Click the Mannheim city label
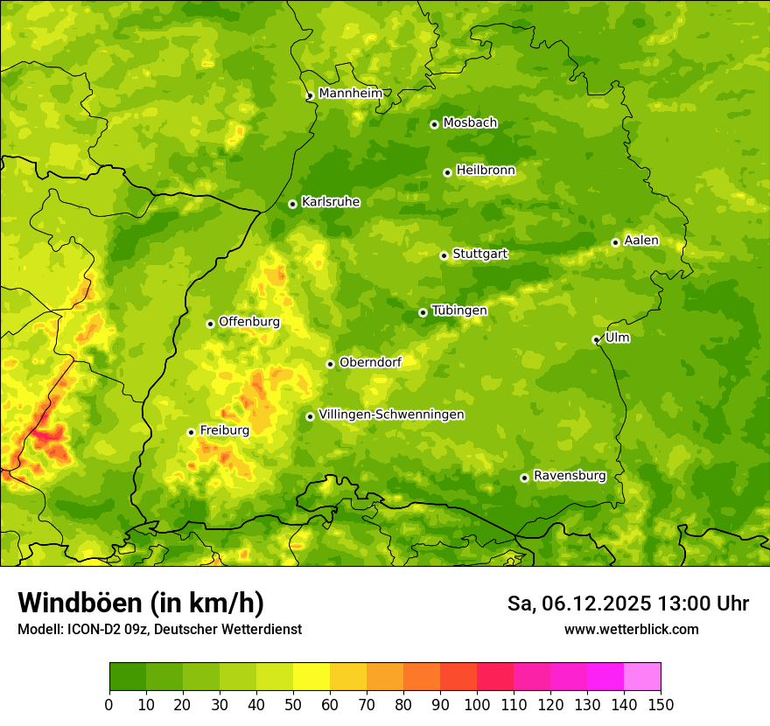click(x=350, y=94)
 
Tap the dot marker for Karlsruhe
click(x=292, y=204)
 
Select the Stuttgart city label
click(x=479, y=255)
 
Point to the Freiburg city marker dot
click(x=191, y=432)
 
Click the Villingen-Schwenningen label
click(x=391, y=415)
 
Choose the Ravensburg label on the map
click(x=569, y=476)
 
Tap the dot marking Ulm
click(x=596, y=339)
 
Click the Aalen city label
click(x=641, y=241)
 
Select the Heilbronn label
click(x=486, y=171)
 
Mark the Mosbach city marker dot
click(x=434, y=124)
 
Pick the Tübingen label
click(x=458, y=311)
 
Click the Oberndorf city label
click(x=370, y=362)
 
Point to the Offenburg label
click(x=249, y=322)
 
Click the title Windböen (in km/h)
click(x=141, y=603)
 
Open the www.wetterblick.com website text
click(x=631, y=629)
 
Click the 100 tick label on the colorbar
click(x=477, y=704)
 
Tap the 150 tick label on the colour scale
click(x=661, y=704)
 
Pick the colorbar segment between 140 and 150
click(x=642, y=677)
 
